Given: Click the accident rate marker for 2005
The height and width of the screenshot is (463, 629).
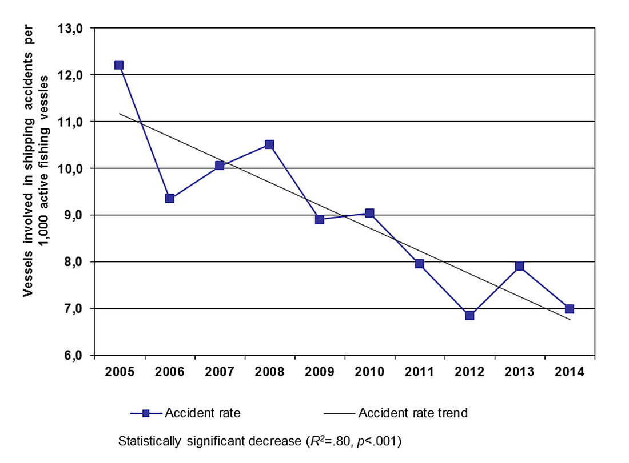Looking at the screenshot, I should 119,65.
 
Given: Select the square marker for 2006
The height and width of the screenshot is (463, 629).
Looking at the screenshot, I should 169,198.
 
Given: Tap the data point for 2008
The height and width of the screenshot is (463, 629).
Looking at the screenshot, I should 269,144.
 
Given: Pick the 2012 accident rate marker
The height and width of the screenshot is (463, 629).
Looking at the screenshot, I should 469,315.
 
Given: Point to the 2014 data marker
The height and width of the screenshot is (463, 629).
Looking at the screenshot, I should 570,309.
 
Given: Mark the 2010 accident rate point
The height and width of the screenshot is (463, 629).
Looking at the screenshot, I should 369,213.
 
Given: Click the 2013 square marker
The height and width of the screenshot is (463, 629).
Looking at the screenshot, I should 519,266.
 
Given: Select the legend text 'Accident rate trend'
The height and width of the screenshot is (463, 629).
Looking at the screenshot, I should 412,413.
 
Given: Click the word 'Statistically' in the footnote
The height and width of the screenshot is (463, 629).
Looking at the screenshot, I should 148,442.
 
